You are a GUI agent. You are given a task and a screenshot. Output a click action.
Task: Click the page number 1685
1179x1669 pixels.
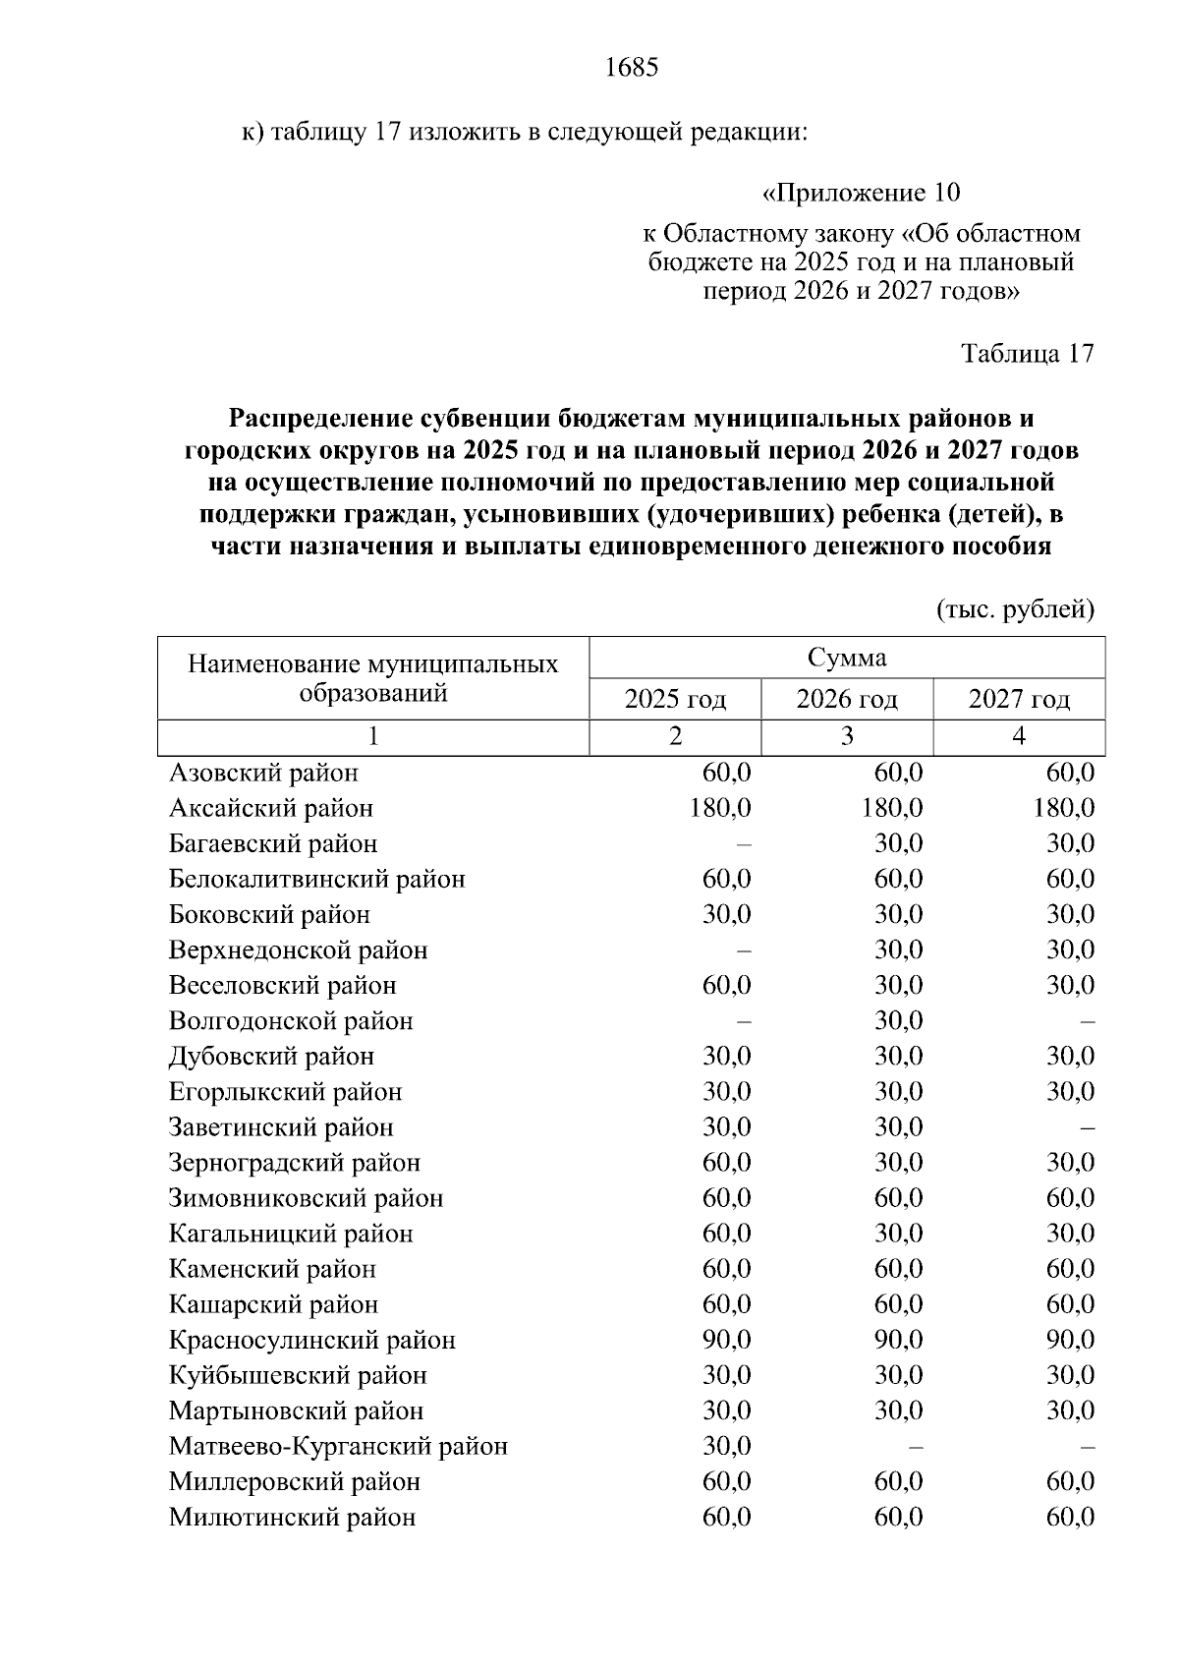(x=631, y=68)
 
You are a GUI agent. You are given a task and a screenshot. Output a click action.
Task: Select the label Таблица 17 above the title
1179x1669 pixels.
(x=1027, y=354)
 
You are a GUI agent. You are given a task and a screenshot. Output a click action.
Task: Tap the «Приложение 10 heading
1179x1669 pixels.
(x=861, y=193)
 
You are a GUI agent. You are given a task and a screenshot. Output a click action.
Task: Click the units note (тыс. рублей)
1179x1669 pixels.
(x=1015, y=610)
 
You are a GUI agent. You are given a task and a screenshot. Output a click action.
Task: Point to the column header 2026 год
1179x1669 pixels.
(x=846, y=700)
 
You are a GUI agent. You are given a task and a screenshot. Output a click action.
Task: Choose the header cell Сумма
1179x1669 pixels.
(x=846, y=658)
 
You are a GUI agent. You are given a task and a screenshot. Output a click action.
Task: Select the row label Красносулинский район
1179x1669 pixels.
(x=311, y=1341)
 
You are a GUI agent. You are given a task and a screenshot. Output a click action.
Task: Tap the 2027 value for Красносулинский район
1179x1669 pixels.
(x=1070, y=1341)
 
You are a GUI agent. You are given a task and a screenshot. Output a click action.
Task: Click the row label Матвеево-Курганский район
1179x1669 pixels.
(x=338, y=1447)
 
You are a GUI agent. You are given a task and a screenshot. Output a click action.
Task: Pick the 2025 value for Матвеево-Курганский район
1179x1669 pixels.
(x=726, y=1447)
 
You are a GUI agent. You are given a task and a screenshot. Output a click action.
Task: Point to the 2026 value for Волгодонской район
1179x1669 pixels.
(x=898, y=1021)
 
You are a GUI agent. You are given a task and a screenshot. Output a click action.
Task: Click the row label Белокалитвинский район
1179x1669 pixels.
(x=316, y=880)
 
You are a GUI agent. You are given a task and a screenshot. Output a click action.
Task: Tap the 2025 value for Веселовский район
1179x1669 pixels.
(x=726, y=986)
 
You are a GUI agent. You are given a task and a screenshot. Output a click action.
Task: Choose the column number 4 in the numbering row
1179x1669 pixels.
(x=1018, y=737)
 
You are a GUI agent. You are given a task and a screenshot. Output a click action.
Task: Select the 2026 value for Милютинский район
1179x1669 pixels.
(x=898, y=1518)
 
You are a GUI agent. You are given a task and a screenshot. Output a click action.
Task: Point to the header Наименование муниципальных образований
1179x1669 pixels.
(x=372, y=678)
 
